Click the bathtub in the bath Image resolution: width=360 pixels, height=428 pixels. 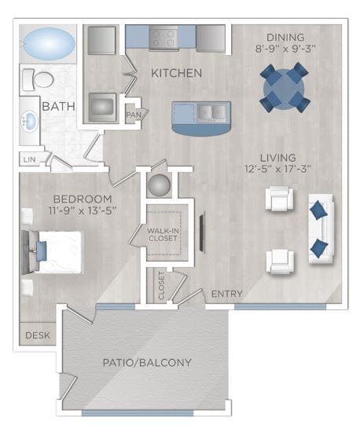47,44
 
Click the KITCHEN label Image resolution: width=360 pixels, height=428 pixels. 177,73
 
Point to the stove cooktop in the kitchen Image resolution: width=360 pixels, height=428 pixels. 163,37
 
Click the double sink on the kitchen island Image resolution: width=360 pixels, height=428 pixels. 208,113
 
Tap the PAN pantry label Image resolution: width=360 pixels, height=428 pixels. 133,115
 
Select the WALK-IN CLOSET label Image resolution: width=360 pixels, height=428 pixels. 165,234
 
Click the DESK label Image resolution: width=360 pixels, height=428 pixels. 37,335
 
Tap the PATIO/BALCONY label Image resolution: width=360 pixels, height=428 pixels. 148,362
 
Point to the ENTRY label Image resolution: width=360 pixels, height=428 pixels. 226,294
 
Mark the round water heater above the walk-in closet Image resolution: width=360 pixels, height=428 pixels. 159,185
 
